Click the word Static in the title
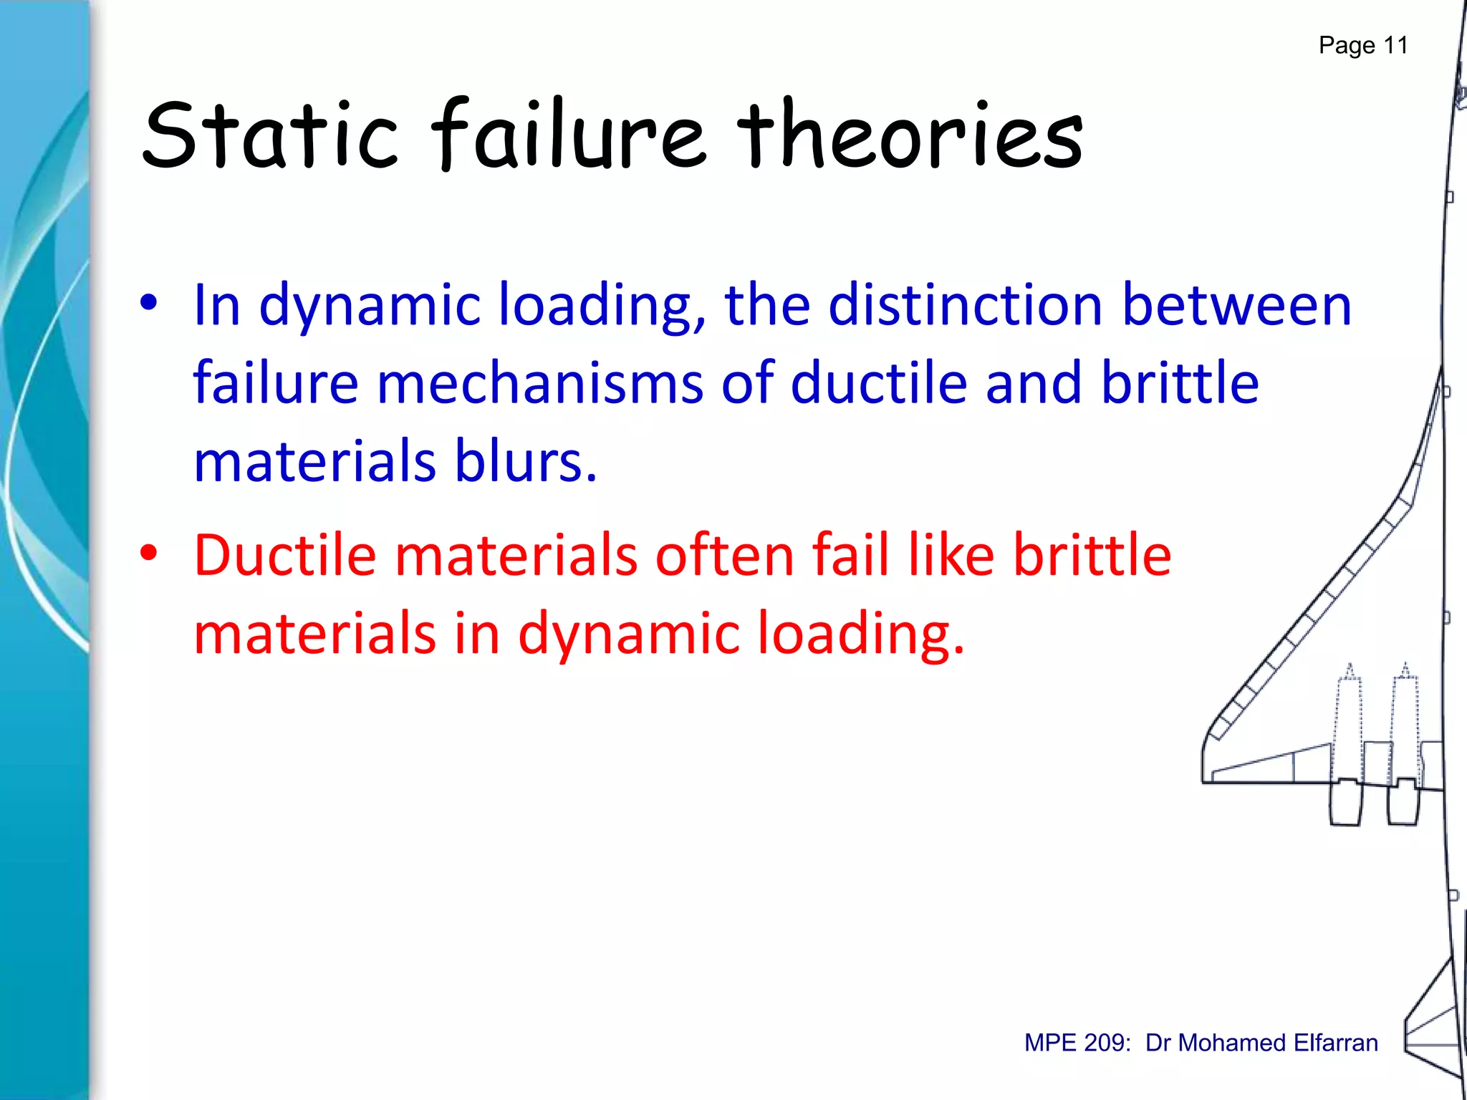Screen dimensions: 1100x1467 [269, 136]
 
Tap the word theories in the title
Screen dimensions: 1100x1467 [910, 136]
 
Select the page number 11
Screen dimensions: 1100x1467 [1395, 45]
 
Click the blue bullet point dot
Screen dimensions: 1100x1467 [148, 303]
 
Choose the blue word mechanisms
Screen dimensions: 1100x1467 [540, 383]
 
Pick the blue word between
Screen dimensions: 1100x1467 [1236, 305]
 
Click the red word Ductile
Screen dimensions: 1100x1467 [285, 555]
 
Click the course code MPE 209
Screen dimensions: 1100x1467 [1077, 1043]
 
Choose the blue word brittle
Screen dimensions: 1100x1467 [1180, 383]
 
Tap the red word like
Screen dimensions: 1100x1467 [951, 555]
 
